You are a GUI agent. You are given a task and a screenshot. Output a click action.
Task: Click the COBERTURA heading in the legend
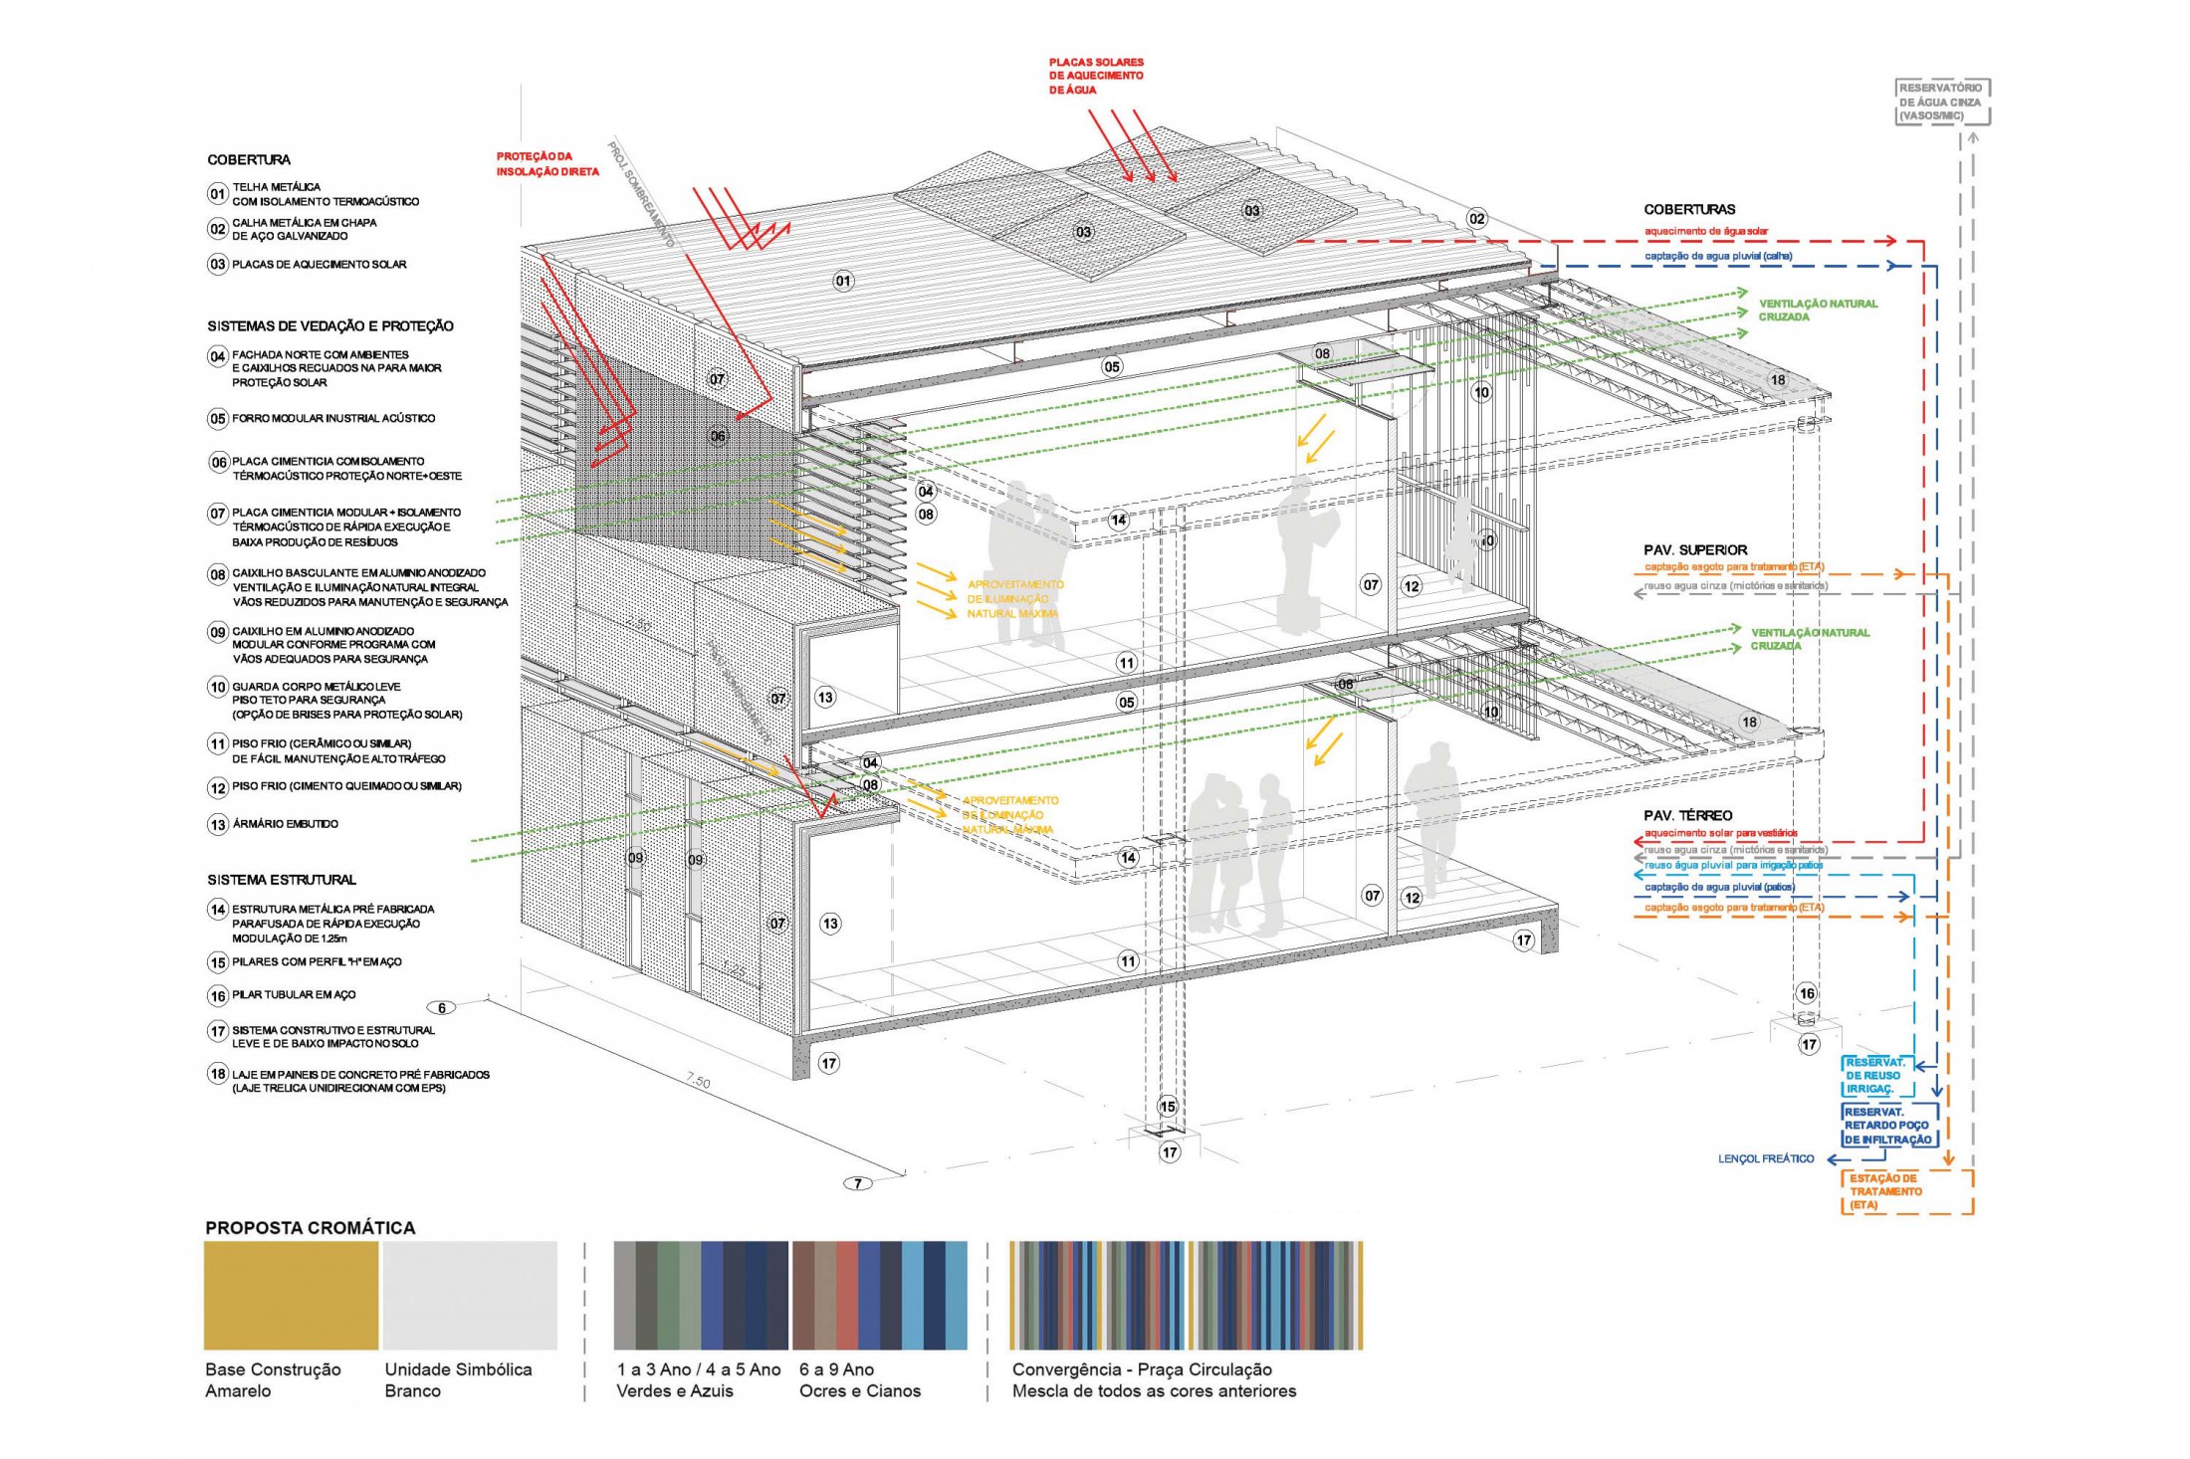249,159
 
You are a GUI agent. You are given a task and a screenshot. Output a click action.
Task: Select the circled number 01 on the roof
843,281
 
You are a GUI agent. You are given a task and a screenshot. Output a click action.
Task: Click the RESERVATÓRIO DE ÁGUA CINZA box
1943,103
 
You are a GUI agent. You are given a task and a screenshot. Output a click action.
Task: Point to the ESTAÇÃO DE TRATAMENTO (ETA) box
1906,1191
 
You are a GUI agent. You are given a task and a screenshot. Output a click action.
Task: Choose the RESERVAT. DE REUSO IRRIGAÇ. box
1876,1076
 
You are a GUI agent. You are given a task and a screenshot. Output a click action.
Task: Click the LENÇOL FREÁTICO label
1766,1158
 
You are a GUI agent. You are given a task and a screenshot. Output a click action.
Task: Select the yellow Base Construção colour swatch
291,1295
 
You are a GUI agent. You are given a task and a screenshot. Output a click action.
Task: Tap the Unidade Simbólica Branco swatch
470,1295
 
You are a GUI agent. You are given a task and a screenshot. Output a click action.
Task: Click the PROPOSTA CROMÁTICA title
310,1227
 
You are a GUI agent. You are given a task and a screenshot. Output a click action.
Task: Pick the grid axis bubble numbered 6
443,1008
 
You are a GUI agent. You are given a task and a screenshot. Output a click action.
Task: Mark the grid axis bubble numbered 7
858,1183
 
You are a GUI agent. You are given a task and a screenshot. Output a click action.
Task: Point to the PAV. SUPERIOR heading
1695,549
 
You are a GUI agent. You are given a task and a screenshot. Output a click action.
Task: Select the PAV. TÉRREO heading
1687,815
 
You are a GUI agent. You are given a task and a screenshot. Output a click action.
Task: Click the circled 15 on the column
1168,1107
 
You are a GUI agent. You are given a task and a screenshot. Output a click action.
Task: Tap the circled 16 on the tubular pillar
1807,993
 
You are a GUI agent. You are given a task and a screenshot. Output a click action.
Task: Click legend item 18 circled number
218,1075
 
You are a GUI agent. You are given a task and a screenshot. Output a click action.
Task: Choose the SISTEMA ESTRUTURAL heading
282,880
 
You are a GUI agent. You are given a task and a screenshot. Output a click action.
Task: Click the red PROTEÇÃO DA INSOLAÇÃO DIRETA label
547,164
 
